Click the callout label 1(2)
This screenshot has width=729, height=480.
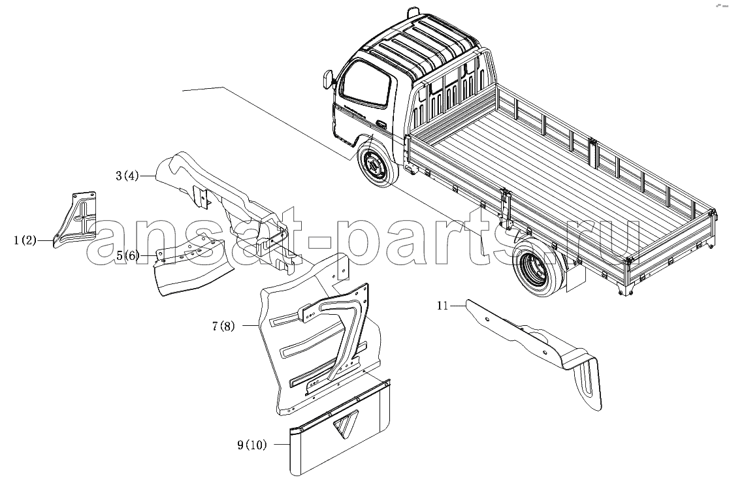[25, 241]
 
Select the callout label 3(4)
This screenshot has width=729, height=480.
[127, 176]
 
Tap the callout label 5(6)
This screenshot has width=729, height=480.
[127, 255]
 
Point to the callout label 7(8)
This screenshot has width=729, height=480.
[223, 326]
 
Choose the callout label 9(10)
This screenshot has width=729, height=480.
[252, 445]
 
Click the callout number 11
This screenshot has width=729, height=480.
[442, 305]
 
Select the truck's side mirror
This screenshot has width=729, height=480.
[328, 78]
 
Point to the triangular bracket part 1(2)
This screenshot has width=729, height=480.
[75, 219]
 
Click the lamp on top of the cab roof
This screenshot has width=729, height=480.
[412, 11]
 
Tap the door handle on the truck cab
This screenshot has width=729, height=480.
[380, 124]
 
